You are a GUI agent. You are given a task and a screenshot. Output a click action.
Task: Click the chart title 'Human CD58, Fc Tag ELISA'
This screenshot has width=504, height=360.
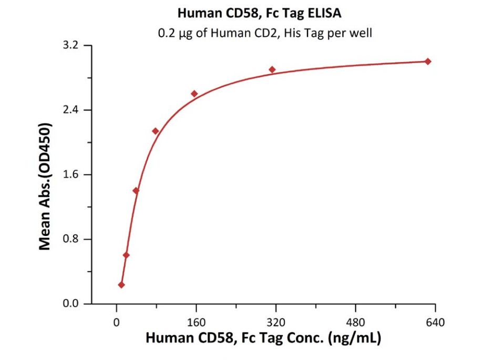pyautogui.click(x=252, y=12)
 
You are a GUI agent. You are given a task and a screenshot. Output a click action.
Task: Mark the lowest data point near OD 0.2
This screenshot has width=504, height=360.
pyautogui.click(x=121, y=285)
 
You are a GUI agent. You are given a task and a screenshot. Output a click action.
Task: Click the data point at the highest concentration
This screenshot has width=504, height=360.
pyautogui.click(x=428, y=61)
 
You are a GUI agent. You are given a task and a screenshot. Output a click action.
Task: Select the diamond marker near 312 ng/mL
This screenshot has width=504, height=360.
pyautogui.click(x=272, y=69)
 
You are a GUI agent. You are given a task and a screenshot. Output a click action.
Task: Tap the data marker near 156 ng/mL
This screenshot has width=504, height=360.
pyautogui.click(x=194, y=94)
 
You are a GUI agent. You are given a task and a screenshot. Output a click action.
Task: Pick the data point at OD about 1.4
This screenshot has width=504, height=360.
pyautogui.click(x=136, y=190)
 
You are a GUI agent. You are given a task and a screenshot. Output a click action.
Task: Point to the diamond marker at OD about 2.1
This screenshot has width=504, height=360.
pyautogui.click(x=155, y=131)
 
